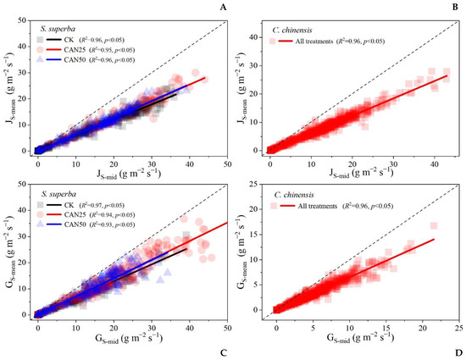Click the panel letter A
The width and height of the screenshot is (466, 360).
point(224,8)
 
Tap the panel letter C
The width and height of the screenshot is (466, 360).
point(224,352)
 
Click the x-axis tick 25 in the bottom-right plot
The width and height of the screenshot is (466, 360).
point(458,326)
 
